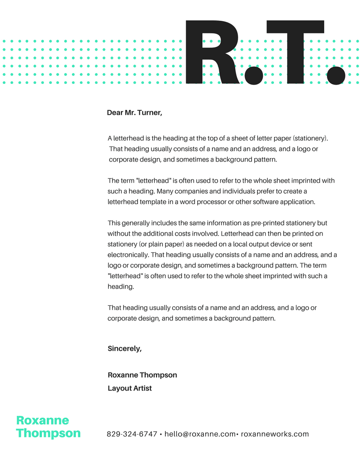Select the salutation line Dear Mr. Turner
tap(135, 113)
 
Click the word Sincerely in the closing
tap(124, 349)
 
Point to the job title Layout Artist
tap(130, 388)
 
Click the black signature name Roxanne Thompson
tap(142, 375)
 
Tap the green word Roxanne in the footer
tap(42, 421)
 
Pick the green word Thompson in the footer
tap(49, 433)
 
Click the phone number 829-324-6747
tap(132, 434)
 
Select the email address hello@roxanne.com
tap(200, 434)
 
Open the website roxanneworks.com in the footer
tap(275, 434)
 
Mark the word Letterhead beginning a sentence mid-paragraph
tap(237, 234)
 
